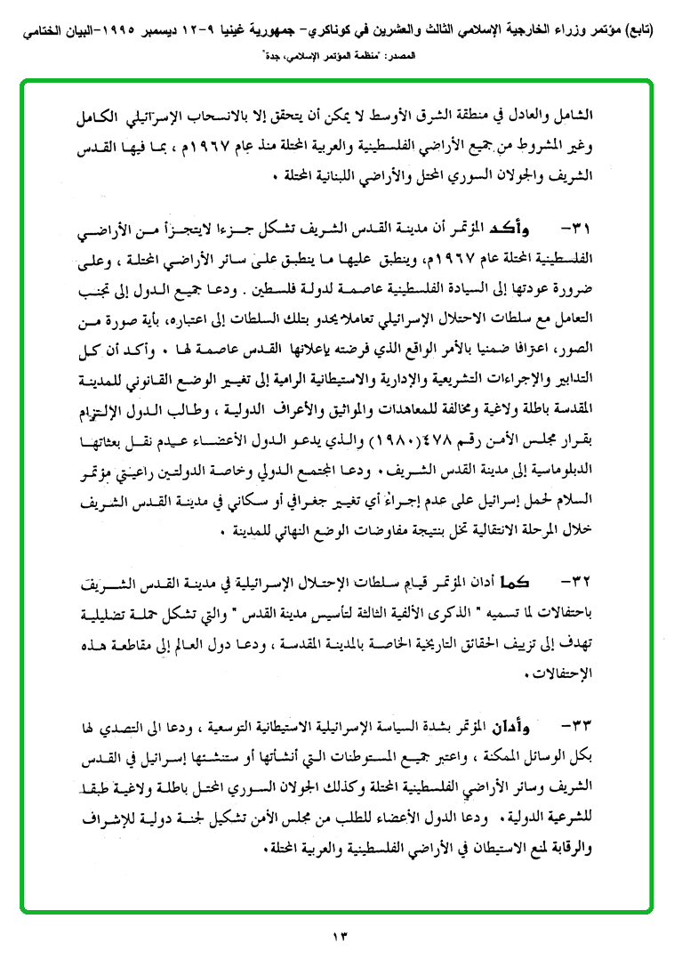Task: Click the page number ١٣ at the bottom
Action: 337,935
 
